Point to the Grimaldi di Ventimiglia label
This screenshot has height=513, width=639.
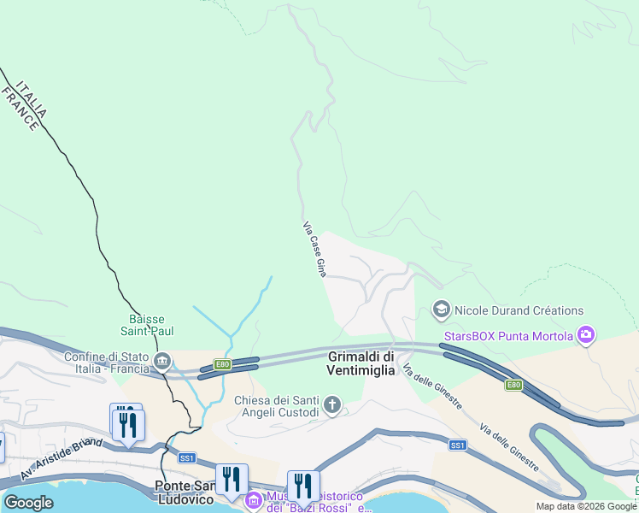click(361, 363)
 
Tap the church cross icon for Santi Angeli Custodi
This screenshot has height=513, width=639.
click(331, 404)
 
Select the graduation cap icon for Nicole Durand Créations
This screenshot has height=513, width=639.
click(442, 310)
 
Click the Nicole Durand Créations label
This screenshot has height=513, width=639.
click(519, 310)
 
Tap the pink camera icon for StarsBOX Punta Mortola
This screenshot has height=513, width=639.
click(586, 335)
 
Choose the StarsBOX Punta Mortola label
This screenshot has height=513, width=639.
click(508, 336)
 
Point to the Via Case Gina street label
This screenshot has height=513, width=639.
click(314, 249)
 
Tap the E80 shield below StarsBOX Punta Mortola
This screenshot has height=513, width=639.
click(513, 386)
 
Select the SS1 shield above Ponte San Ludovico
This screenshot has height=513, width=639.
click(187, 458)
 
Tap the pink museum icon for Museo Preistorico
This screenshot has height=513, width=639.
click(253, 499)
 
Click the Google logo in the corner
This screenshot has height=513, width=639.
click(28, 503)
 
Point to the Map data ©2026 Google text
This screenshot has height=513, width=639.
click(586, 506)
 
